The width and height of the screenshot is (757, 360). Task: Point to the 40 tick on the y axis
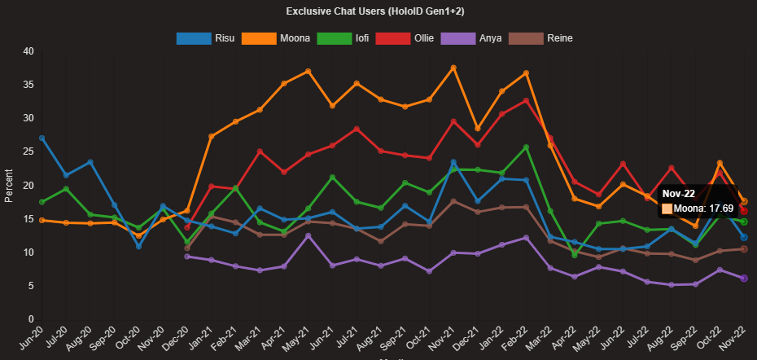[28, 51]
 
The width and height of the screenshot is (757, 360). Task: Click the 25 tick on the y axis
[28, 151]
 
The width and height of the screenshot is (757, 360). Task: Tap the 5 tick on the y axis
[31, 286]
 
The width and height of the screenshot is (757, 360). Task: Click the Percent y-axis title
[10, 186]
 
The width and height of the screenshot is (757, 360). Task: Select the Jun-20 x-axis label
[29, 336]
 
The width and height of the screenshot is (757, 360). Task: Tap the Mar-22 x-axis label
[537, 336]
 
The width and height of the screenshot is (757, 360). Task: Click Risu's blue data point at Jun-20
[42, 138]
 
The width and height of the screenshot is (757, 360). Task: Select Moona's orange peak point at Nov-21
[453, 68]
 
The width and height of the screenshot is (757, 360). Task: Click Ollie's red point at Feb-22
[526, 101]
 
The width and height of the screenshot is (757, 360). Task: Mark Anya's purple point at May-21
[308, 236]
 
